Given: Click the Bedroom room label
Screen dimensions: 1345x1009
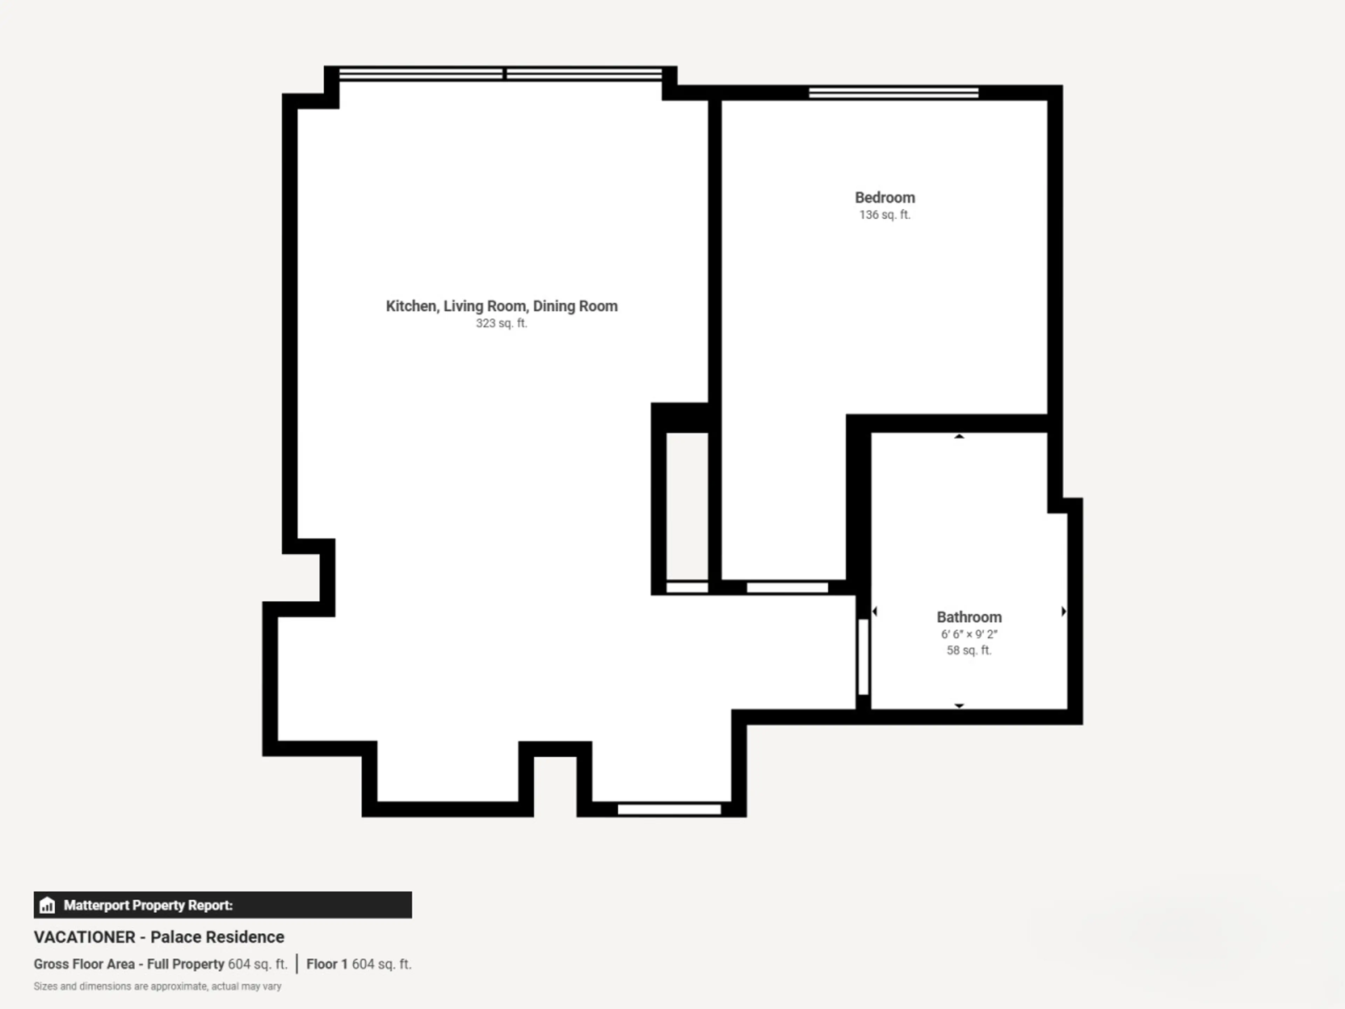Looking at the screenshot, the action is (885, 198).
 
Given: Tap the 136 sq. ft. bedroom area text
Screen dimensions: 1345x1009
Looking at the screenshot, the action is (885, 215).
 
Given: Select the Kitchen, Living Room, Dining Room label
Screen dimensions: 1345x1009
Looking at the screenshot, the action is (502, 306).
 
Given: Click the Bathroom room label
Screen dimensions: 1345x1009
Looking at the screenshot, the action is (969, 617).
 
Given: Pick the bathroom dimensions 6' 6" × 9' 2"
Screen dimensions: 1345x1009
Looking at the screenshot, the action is (969, 634).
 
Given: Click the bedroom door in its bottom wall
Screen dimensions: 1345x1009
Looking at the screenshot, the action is (787, 588).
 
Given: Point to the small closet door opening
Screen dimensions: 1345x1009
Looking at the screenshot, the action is (687, 588).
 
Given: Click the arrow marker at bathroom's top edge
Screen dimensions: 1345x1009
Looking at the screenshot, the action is (959, 436).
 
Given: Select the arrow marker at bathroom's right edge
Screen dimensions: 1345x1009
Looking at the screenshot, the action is (1063, 611).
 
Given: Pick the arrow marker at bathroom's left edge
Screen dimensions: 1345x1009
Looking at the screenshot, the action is (874, 611).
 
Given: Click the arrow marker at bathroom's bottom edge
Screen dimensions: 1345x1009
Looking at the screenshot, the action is (959, 706).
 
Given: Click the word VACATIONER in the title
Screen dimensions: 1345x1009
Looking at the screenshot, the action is (84, 937).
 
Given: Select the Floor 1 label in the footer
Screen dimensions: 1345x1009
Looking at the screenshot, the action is (326, 964).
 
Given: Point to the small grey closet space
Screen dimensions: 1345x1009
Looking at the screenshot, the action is (687, 506).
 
